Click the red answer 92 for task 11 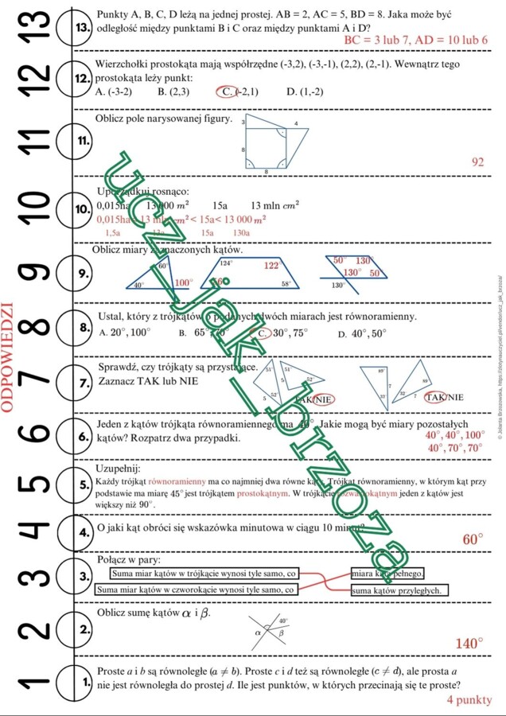478,161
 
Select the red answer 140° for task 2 469,643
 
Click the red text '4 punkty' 469,700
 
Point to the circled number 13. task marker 82,26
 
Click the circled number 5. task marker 82,484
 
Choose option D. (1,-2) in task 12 305,91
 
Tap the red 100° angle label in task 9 184,282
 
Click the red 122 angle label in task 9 271,266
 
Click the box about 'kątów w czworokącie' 197,590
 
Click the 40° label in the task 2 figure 284,621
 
